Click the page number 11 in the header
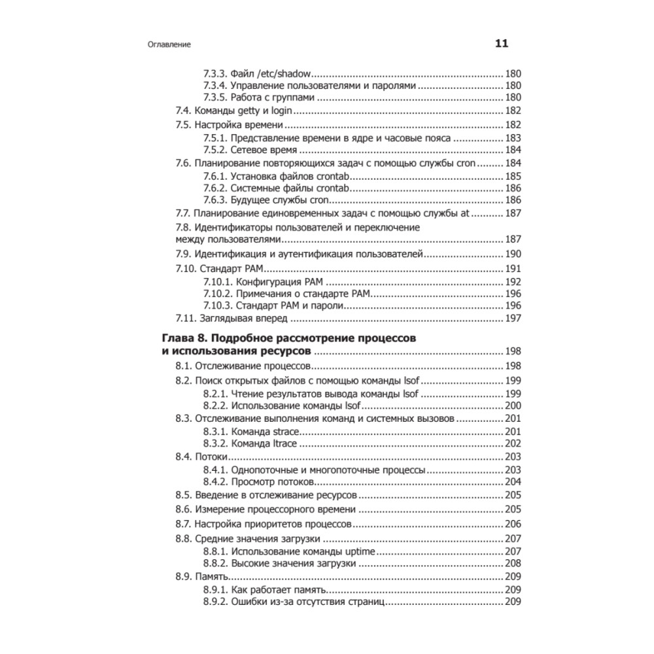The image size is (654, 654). (x=501, y=44)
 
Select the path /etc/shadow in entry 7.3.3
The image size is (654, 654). (x=289, y=74)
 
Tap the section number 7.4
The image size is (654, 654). (x=184, y=111)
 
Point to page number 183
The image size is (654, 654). (x=513, y=138)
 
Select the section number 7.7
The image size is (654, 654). (x=184, y=214)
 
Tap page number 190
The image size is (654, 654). (x=513, y=254)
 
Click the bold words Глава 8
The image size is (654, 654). (x=184, y=338)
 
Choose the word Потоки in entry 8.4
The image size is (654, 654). (x=210, y=457)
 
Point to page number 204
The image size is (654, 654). (x=513, y=482)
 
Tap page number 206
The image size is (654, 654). (x=513, y=524)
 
